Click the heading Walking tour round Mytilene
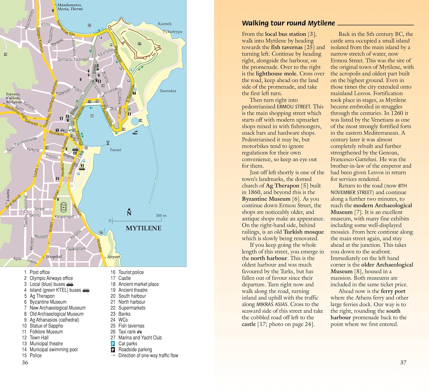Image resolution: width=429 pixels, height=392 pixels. click(288, 23)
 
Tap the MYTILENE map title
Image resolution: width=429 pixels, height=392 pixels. click(144, 228)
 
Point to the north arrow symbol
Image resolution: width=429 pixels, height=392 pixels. click(129, 212)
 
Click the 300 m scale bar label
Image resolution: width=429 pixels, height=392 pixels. click(161, 216)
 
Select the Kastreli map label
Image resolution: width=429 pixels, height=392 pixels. click(165, 24)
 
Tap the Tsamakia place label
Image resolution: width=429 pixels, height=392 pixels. click(168, 91)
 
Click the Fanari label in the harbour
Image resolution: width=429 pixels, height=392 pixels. click(116, 150)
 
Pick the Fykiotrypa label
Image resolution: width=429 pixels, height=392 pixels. click(173, 31)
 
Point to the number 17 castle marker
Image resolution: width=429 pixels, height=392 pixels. click(140, 44)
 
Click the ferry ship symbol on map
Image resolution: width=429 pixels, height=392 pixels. click(135, 132)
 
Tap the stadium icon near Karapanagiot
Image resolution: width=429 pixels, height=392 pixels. click(63, 207)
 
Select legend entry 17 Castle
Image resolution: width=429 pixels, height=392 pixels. click(121, 278)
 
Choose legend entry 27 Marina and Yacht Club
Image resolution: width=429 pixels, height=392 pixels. click(136, 338)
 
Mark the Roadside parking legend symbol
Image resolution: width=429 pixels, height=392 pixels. click(113, 350)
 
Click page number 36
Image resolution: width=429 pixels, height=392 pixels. click(25, 363)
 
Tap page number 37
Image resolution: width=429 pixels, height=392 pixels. click(403, 363)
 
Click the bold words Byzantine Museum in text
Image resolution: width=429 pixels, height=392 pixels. click(266, 199)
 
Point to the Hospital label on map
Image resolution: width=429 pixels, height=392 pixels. click(54, 256)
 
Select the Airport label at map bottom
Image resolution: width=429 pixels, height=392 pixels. click(114, 256)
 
